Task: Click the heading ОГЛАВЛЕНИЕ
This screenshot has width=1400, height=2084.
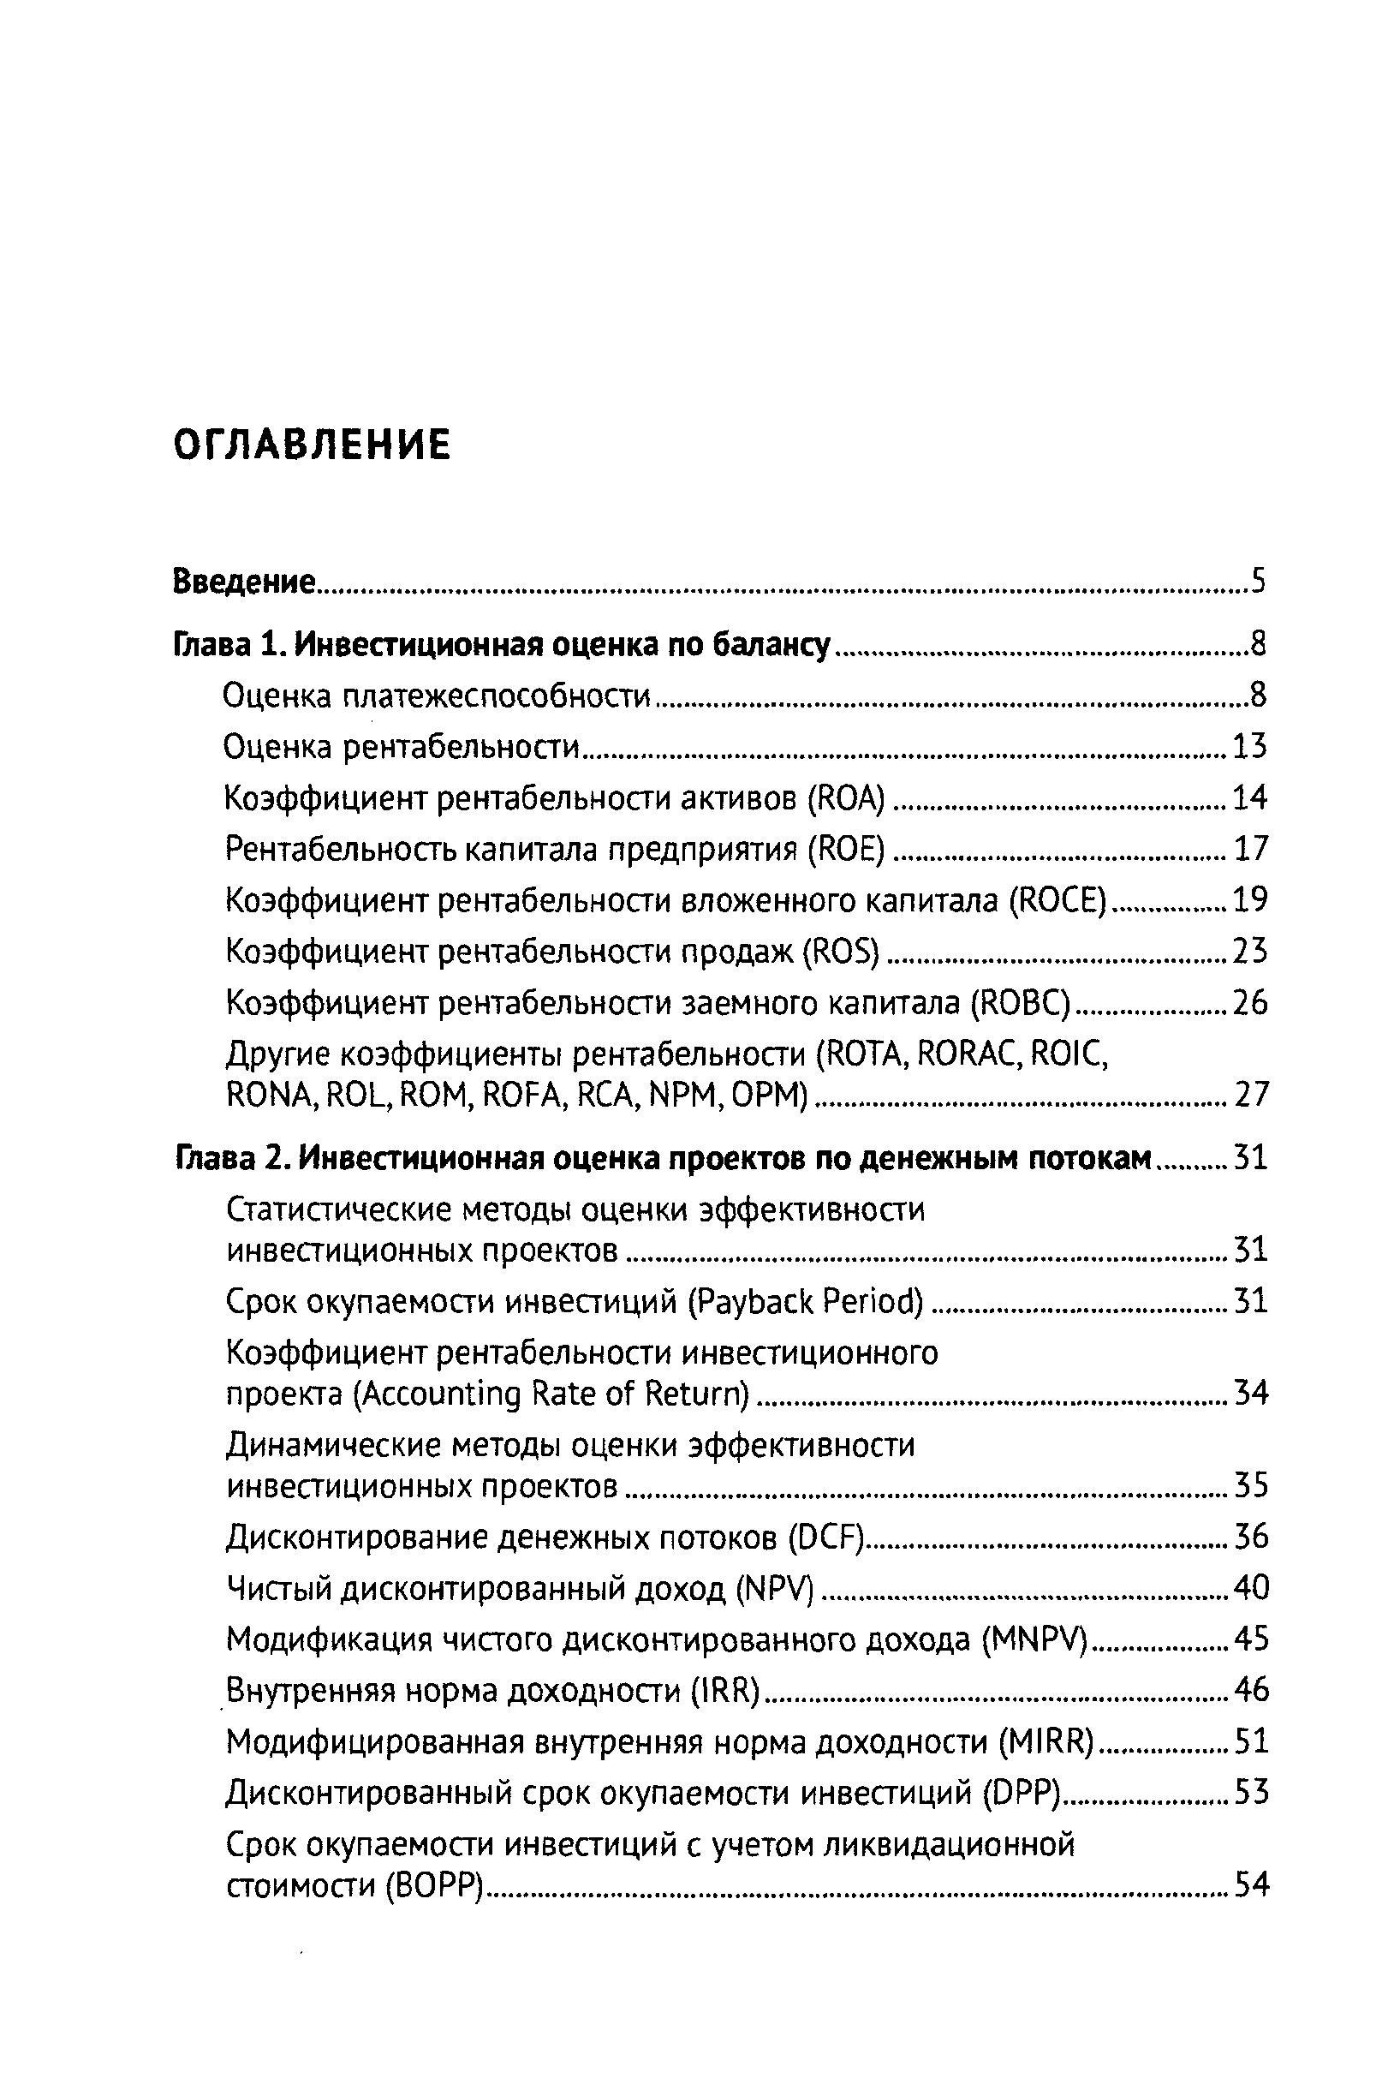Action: (x=312, y=445)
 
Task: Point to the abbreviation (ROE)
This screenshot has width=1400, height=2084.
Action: (x=845, y=848)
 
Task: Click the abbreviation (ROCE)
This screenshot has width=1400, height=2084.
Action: (x=1058, y=900)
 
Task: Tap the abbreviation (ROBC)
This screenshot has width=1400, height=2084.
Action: (x=1020, y=1004)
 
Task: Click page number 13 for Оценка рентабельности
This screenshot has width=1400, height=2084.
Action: (x=1250, y=745)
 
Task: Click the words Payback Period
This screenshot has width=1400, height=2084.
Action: (x=806, y=1302)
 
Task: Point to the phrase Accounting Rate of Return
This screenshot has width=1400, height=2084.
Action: (x=551, y=1394)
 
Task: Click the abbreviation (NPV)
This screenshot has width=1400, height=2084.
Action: (x=774, y=1588)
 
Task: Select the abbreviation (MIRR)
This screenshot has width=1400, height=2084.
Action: (x=1046, y=1742)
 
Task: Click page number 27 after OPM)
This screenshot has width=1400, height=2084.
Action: (x=1250, y=1095)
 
